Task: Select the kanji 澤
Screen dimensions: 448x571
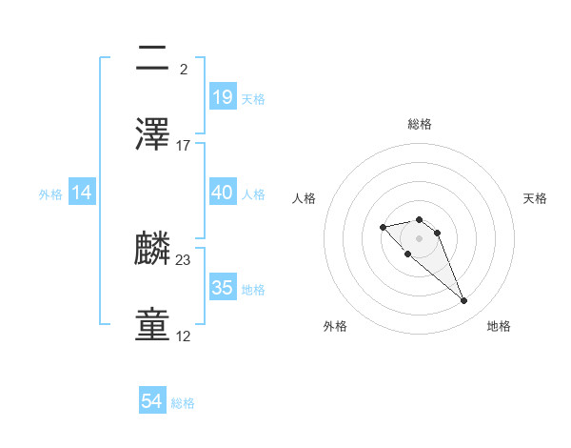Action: click(153, 134)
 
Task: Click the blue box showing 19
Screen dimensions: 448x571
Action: click(223, 96)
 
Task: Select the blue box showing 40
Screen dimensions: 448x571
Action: click(223, 193)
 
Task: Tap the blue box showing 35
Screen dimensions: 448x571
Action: click(223, 288)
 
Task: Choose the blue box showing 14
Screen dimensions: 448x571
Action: click(82, 193)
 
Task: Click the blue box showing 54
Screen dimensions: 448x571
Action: click(152, 402)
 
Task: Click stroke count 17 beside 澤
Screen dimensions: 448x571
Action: click(184, 146)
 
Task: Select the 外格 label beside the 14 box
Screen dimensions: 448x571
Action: click(50, 193)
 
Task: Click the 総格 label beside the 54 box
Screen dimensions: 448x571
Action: click(183, 403)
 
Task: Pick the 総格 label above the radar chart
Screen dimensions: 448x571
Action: click(420, 124)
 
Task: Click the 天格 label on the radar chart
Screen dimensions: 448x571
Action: click(536, 198)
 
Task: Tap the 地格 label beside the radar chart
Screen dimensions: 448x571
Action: click(499, 326)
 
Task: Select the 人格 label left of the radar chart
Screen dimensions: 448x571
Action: click(304, 198)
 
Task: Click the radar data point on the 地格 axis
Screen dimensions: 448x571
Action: click(464, 301)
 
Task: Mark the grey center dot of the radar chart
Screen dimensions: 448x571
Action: click(420, 238)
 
